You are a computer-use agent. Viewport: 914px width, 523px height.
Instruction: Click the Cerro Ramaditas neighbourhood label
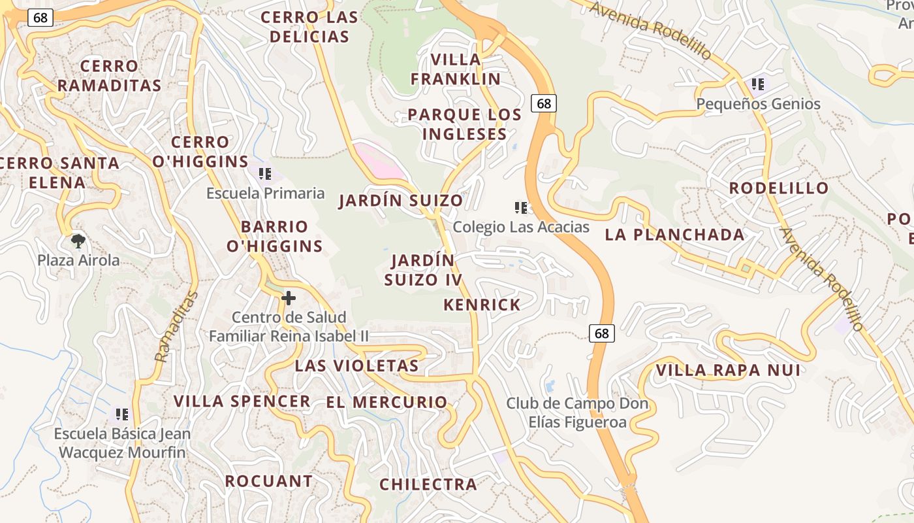[109, 76]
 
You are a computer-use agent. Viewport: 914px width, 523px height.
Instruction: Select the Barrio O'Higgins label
[274, 237]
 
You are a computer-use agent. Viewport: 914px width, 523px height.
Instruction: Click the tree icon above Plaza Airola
[78, 241]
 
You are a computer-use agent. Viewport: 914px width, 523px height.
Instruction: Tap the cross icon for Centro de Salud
[288, 299]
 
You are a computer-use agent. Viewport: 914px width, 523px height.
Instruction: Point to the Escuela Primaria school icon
[265, 174]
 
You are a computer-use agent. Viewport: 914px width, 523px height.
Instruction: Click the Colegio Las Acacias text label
[521, 227]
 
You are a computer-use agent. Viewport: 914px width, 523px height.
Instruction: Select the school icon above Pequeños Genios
[757, 84]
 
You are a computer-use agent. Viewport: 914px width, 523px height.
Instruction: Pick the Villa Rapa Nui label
[728, 371]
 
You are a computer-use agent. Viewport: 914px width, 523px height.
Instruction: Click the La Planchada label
[674, 235]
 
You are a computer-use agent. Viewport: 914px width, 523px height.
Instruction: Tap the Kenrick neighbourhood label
[482, 305]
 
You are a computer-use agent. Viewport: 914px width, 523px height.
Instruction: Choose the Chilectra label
[428, 484]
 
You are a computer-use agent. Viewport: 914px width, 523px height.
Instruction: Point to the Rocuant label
[269, 481]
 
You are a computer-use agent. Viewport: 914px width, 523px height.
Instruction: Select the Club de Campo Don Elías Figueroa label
[577, 413]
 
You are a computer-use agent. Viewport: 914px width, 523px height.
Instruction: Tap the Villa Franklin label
[456, 69]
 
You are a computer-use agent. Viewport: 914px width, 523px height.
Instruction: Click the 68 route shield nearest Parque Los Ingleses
[544, 103]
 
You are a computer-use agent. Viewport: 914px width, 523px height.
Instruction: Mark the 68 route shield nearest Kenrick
[601, 333]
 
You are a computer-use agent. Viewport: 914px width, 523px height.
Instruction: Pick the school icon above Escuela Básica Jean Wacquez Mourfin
[121, 414]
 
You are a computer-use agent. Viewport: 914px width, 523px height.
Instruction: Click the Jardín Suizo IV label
[422, 270]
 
